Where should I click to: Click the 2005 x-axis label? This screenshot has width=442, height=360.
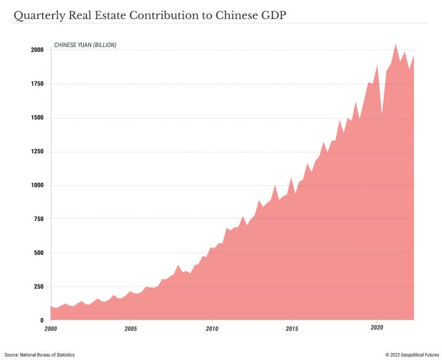point(131,329)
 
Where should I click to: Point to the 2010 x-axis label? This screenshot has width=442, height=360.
point(212,329)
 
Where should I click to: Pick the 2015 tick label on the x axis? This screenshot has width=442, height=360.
point(292,329)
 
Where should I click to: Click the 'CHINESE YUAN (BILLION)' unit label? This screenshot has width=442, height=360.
point(85,45)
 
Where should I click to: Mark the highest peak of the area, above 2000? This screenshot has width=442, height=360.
point(396,44)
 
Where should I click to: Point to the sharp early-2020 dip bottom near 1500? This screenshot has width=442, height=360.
point(382,115)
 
